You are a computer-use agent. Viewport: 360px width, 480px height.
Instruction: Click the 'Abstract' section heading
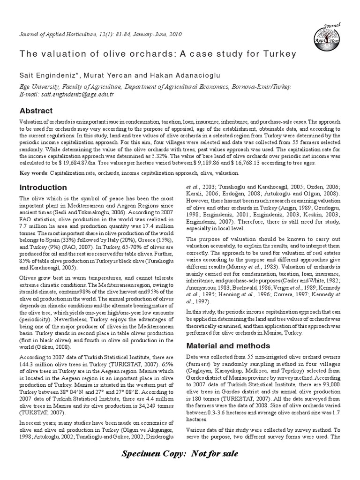point(36,111)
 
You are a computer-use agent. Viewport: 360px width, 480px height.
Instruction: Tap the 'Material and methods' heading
point(222,345)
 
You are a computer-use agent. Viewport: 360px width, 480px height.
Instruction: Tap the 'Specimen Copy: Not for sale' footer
point(180,453)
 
